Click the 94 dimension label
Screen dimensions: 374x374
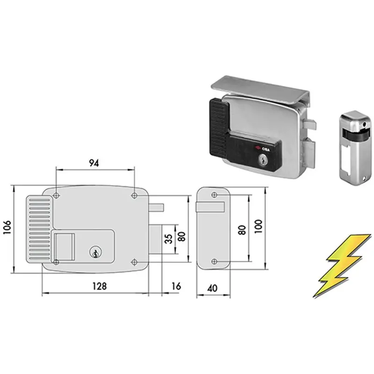pos(94,163)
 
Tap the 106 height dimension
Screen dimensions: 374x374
pos(7,227)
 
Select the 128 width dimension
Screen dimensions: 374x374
pos(100,286)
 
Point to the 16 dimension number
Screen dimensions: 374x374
pos(176,286)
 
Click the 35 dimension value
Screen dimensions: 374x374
pos(169,239)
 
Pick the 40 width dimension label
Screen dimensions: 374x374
pos(212,288)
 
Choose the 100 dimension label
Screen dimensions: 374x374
pos(259,227)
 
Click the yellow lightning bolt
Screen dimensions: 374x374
pos(342,266)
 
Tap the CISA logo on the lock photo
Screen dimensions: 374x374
pos(263,149)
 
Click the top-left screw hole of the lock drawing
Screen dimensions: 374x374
pos(56,196)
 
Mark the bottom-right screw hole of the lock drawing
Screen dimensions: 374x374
pos(134,262)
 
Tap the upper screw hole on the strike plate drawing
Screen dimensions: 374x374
pos(214,195)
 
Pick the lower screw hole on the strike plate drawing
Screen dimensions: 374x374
pos(214,261)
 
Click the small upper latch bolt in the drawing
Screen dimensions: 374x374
pos(156,208)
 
